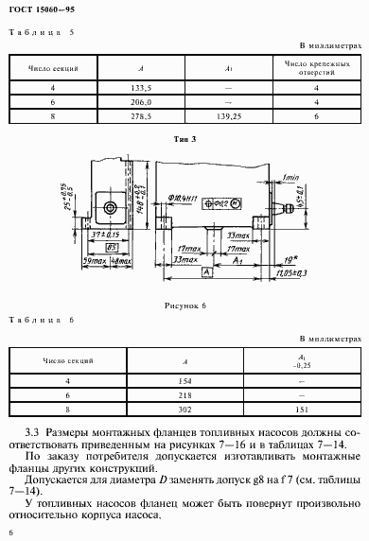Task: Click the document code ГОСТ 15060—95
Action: coord(39,10)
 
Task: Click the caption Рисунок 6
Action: coord(184,305)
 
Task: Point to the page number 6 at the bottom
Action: coord(9,532)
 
